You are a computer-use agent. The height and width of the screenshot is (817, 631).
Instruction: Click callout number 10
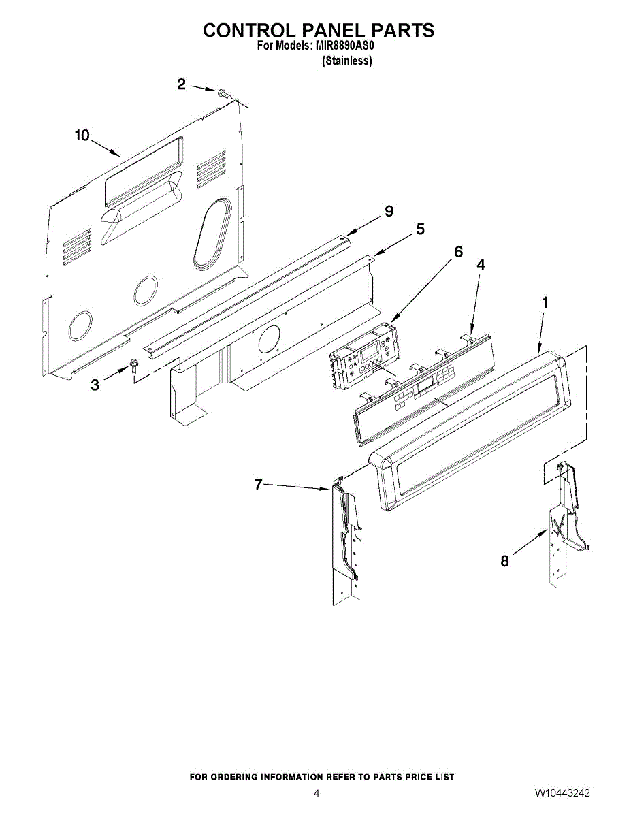pyautogui.click(x=82, y=135)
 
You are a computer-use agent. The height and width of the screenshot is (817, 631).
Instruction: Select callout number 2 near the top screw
pyautogui.click(x=181, y=84)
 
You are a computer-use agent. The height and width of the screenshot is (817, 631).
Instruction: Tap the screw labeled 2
pyautogui.click(x=224, y=93)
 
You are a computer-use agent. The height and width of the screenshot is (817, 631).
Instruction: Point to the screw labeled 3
pyautogui.click(x=133, y=368)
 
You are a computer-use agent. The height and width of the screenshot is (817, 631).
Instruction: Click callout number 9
pyautogui.click(x=389, y=211)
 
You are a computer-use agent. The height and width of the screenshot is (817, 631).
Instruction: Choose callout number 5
pyautogui.click(x=420, y=229)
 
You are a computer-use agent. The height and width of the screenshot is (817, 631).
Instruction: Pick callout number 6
pyautogui.click(x=458, y=252)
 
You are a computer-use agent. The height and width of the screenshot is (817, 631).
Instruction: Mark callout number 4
pyautogui.click(x=481, y=265)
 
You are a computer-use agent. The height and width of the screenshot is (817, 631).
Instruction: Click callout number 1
pyautogui.click(x=544, y=301)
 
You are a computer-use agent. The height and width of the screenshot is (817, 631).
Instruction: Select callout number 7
pyautogui.click(x=258, y=484)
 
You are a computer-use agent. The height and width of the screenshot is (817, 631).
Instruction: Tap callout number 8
pyautogui.click(x=504, y=562)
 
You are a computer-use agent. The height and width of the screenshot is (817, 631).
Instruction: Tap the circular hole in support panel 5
pyautogui.click(x=268, y=338)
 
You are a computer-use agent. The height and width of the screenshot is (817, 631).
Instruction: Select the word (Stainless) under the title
pyautogui.click(x=346, y=61)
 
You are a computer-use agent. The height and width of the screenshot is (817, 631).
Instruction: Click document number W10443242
pyautogui.click(x=562, y=793)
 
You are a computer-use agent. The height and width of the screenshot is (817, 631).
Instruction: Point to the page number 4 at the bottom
pyautogui.click(x=317, y=793)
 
